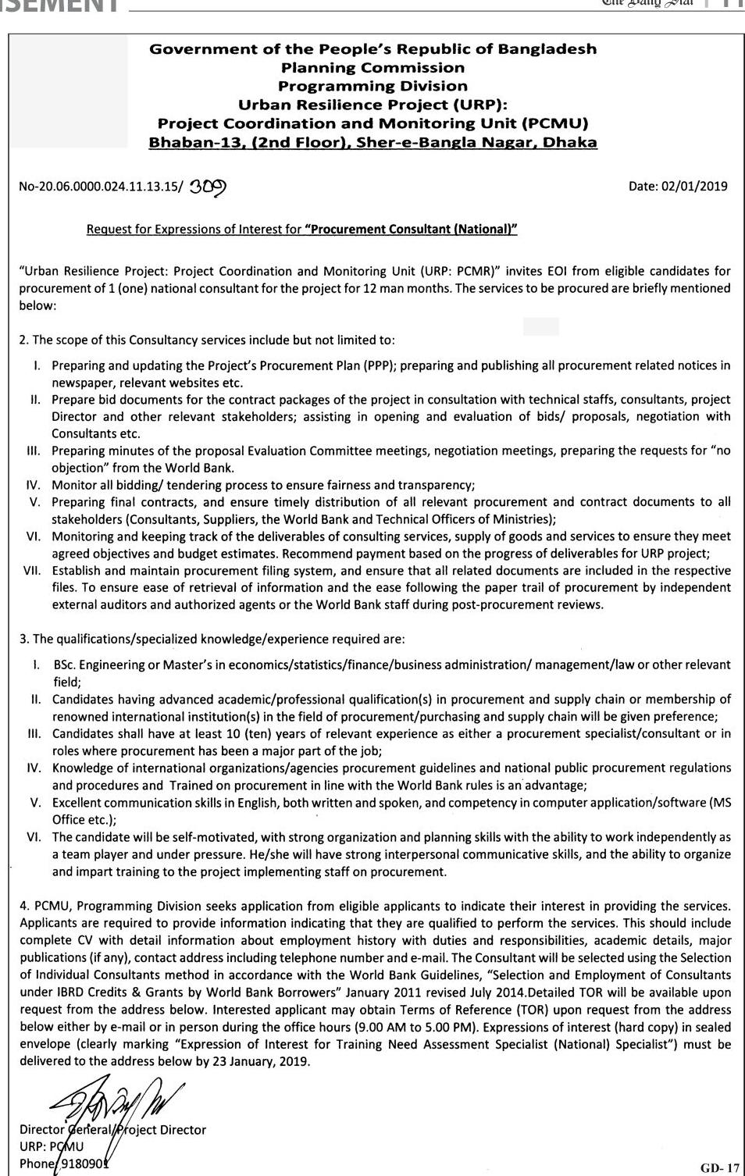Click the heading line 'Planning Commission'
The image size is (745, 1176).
click(373, 68)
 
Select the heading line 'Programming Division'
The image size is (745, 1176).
click(373, 86)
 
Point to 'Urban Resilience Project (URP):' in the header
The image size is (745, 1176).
click(373, 105)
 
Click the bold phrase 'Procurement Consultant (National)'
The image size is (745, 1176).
click(412, 229)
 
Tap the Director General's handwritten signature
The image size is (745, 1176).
click(117, 1101)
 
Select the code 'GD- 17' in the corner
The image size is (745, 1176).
click(719, 1168)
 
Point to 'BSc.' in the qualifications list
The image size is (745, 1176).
click(64, 665)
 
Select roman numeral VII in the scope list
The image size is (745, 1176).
click(32, 570)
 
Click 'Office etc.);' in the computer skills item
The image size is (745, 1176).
click(84, 819)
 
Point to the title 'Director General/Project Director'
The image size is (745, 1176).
click(113, 1129)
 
